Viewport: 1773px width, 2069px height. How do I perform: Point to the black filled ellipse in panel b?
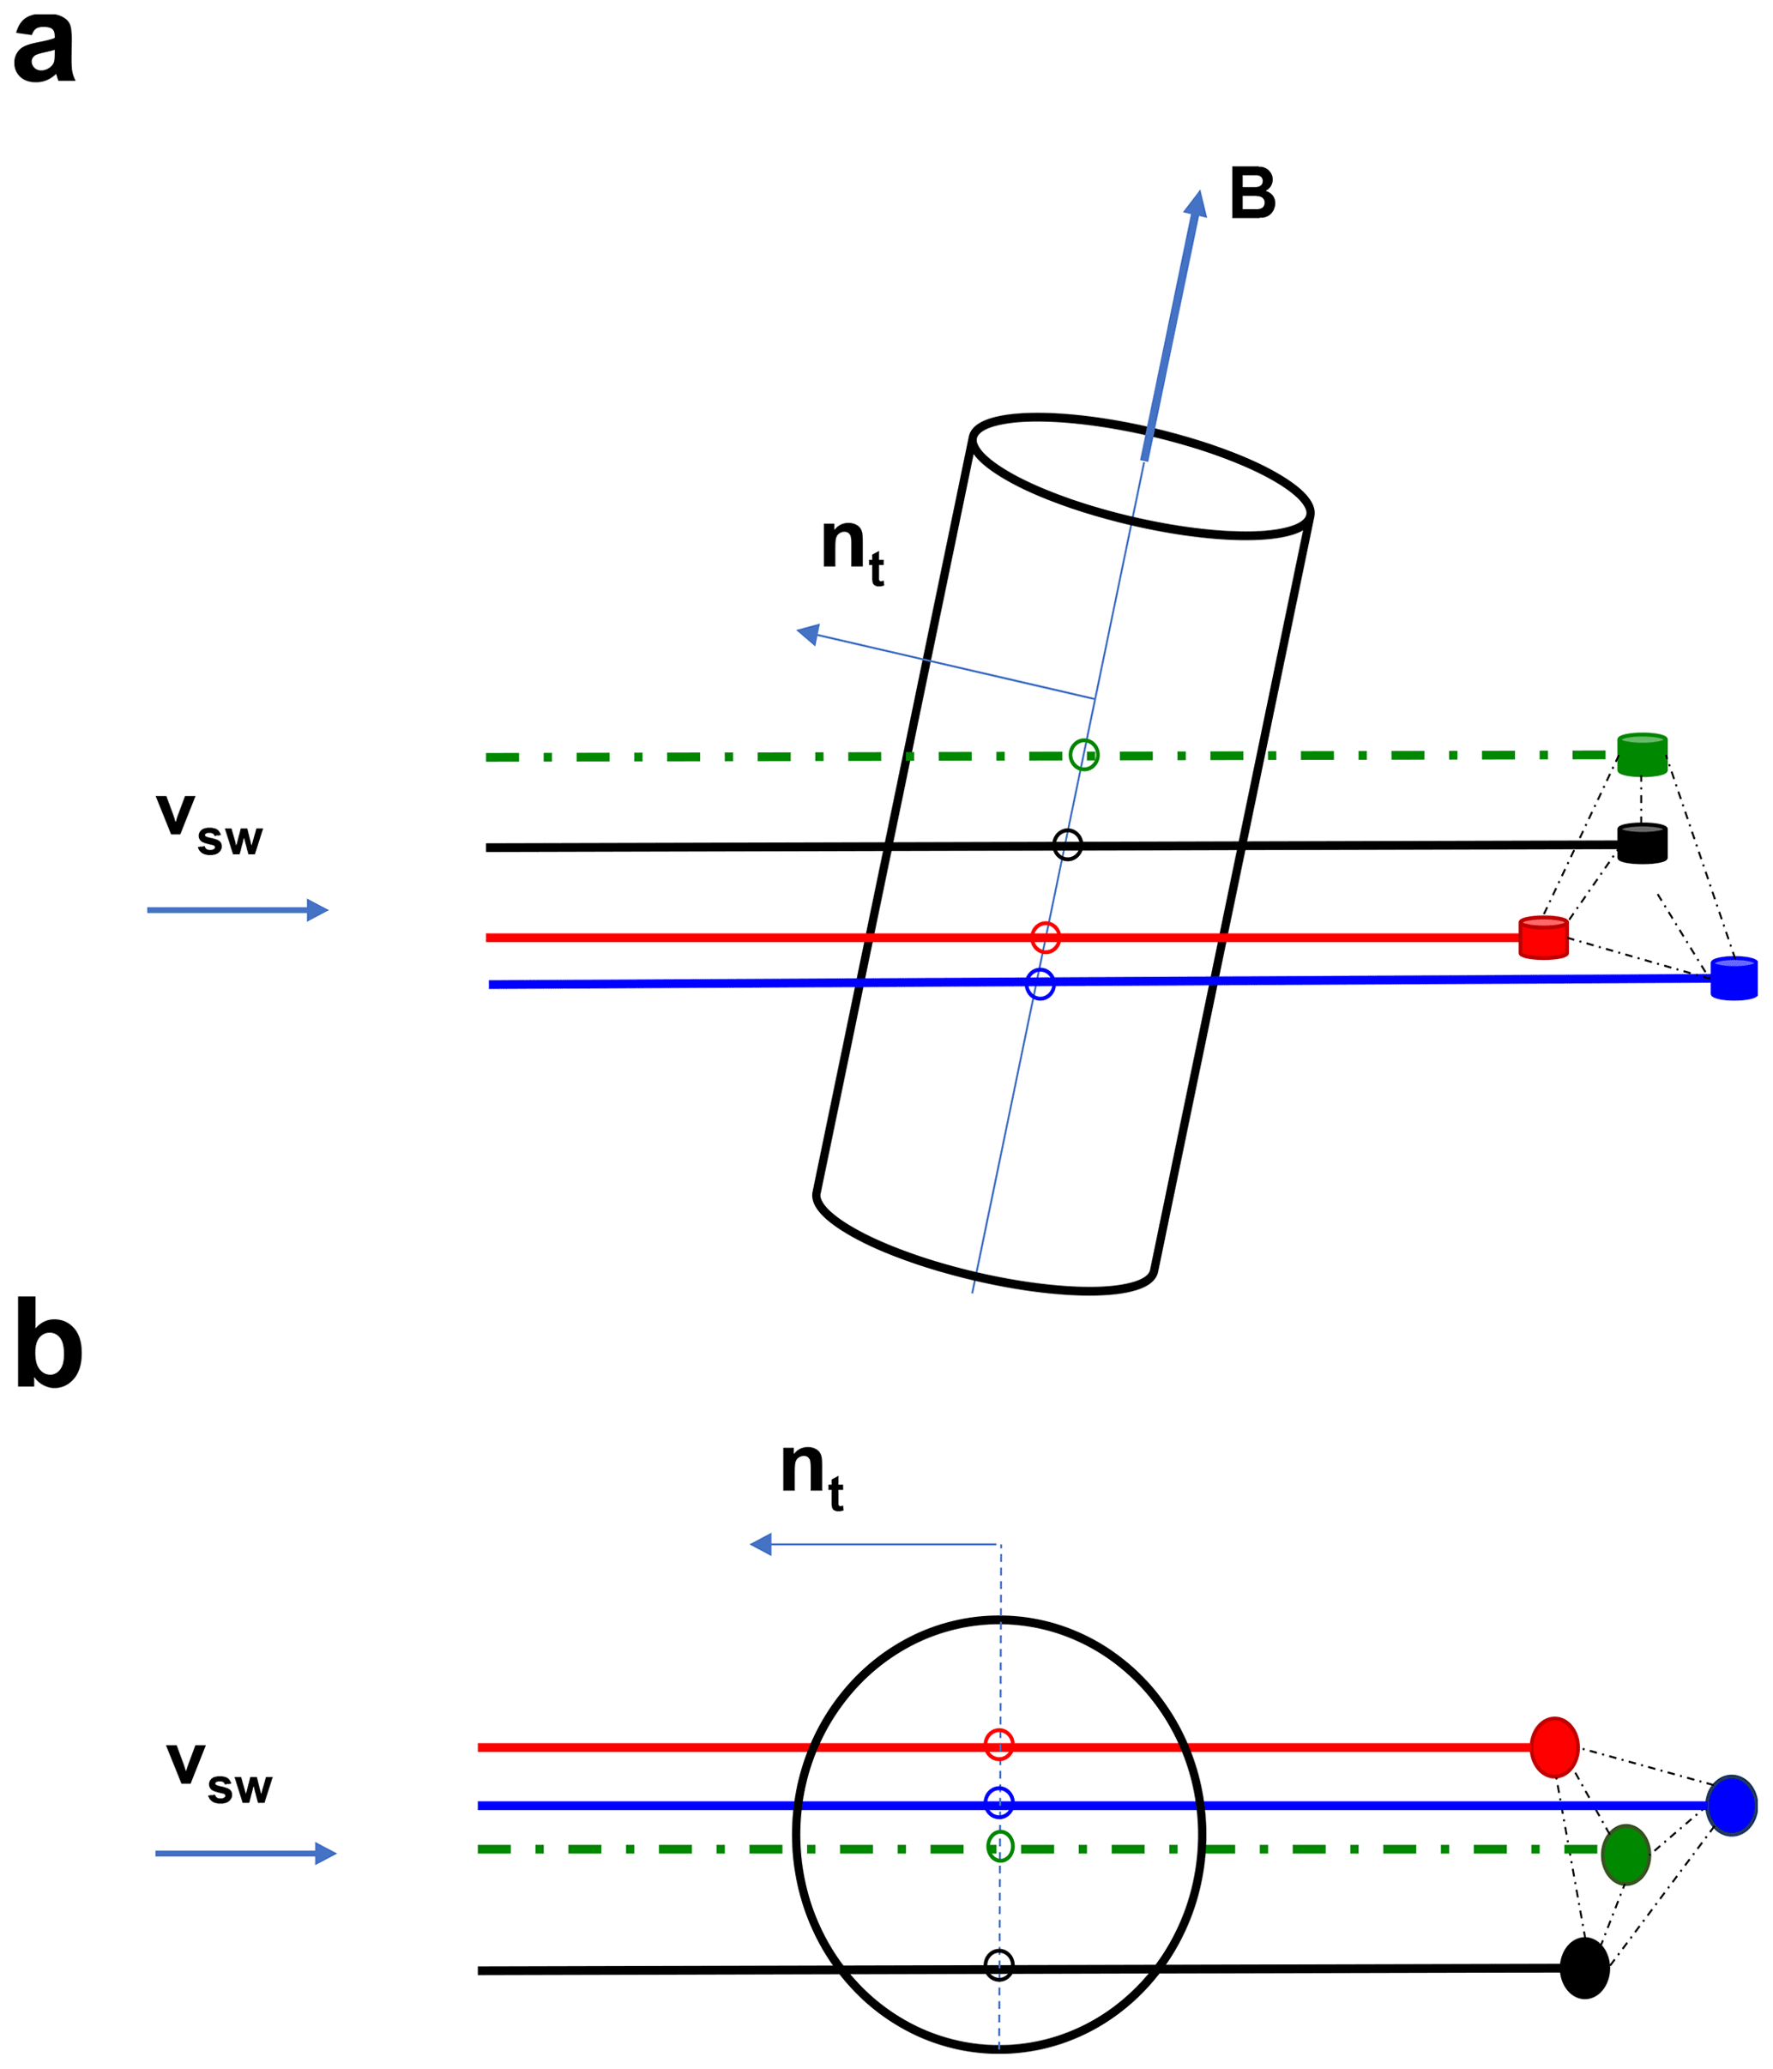1584,1967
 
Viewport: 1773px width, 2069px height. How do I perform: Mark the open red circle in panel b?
999,1745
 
